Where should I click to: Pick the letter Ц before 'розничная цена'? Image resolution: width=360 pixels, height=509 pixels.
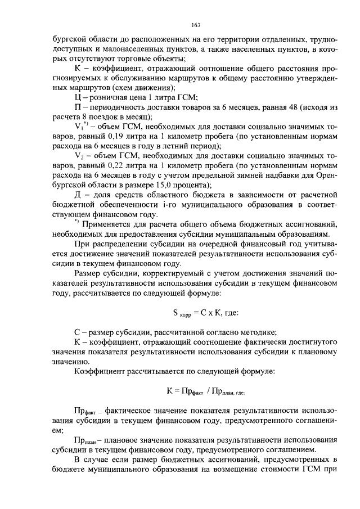pos(78,96)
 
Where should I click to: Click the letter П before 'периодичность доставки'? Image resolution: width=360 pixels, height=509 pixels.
pos(78,106)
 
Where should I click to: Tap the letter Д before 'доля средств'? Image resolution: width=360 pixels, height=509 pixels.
pos(78,195)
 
